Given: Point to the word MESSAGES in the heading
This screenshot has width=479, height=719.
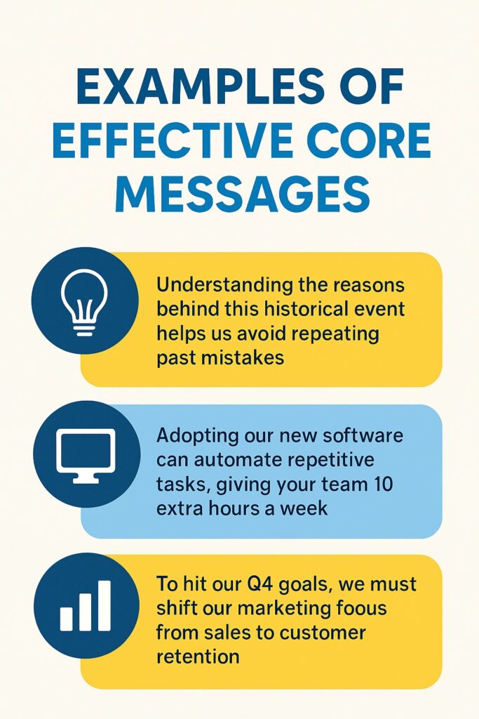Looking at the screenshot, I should point(241,192).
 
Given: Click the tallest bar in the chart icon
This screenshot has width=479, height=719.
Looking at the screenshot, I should point(104,605).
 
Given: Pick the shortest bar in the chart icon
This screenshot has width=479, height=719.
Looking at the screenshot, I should point(67,618).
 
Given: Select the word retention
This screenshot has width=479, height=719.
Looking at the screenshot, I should point(198,657).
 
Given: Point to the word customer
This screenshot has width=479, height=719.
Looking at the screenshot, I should point(322,633).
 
